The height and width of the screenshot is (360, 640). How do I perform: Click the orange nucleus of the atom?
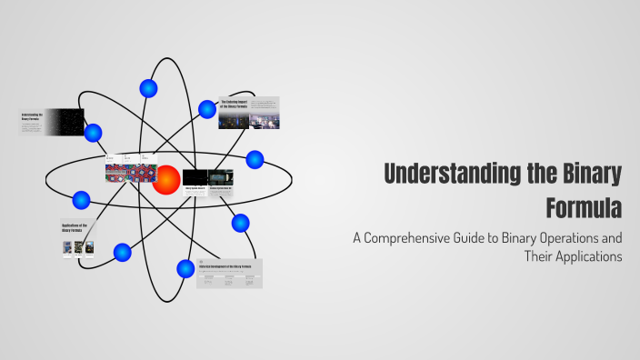[166, 179]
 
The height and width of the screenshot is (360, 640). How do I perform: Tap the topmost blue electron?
[148, 88]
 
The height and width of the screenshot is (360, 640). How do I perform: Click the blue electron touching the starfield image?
[93, 133]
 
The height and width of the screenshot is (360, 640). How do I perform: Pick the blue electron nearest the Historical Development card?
[185, 268]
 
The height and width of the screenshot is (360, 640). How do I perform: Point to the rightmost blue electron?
[255, 159]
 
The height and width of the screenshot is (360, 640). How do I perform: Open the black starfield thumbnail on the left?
[65, 122]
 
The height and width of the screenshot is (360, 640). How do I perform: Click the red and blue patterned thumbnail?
[130, 173]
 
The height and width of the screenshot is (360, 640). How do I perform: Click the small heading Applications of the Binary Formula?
[74, 227]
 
